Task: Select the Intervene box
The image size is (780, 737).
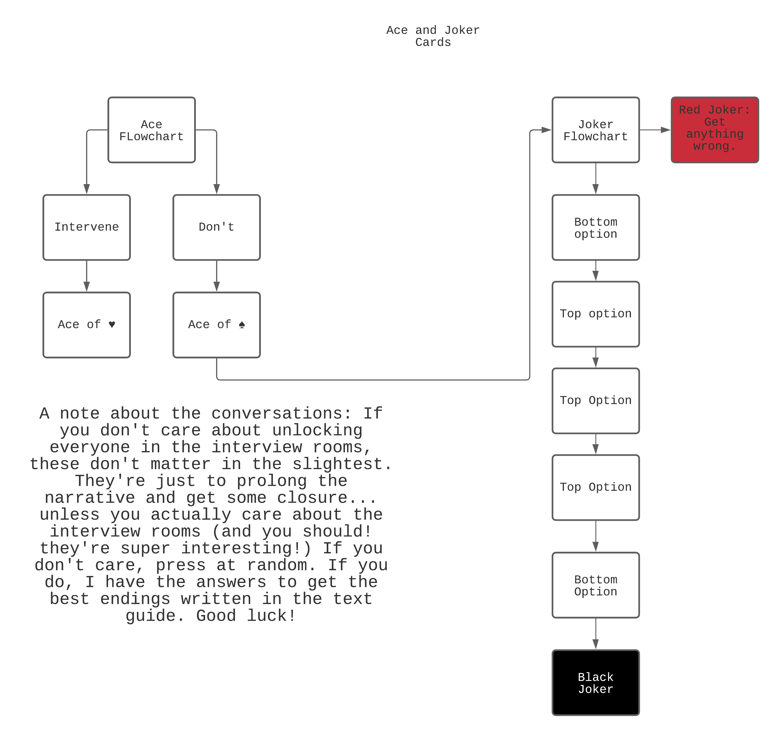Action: click(x=86, y=227)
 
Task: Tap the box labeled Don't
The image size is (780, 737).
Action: click(x=216, y=227)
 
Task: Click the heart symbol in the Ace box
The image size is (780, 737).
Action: click(x=112, y=325)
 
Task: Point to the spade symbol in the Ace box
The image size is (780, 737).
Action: click(x=242, y=325)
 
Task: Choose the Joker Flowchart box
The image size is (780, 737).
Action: click(x=595, y=130)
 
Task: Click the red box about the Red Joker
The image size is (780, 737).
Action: click(x=714, y=130)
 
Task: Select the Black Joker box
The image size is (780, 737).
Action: click(x=595, y=683)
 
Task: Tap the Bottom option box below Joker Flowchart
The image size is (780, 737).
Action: click(x=595, y=227)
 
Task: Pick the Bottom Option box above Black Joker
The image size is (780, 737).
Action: click(x=595, y=585)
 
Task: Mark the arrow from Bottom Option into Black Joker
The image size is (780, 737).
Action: click(x=595, y=634)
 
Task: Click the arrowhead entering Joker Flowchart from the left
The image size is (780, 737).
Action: click(x=546, y=130)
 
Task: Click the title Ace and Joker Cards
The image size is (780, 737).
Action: click(x=433, y=36)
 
